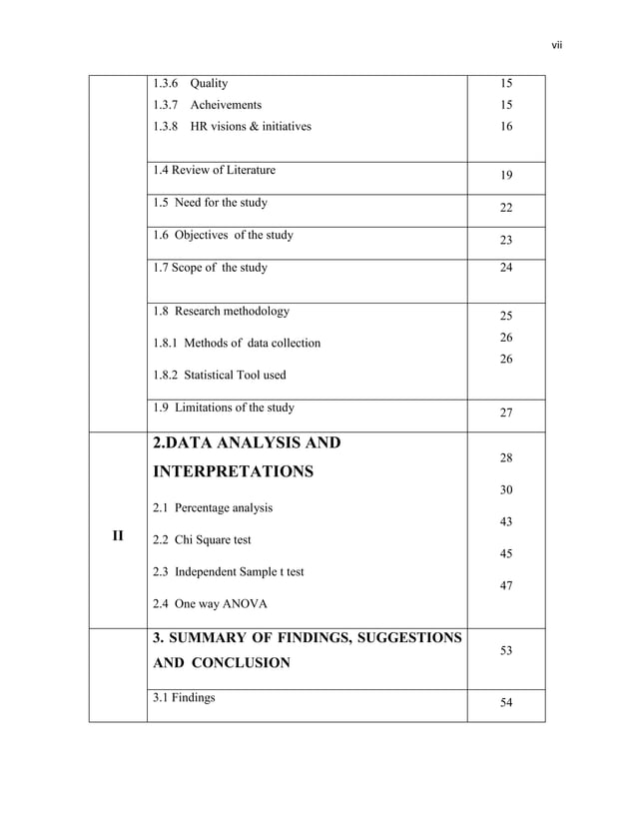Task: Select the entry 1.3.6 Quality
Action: (x=190, y=84)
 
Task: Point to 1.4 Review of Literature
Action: (x=214, y=170)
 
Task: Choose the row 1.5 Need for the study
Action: (x=210, y=203)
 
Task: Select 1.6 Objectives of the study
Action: (x=223, y=236)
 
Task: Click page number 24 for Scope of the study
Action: (x=506, y=268)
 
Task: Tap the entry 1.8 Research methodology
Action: (x=221, y=311)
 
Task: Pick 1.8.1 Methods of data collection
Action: (x=237, y=343)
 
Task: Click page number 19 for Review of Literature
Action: (x=506, y=176)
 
